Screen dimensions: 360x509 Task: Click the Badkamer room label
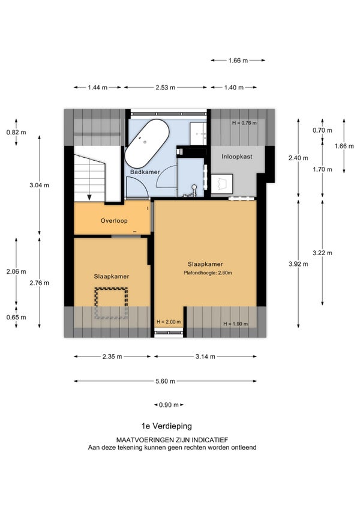pos(145,172)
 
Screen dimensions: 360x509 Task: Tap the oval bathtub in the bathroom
pos(147,143)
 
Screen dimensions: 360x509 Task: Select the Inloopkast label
pos(236,157)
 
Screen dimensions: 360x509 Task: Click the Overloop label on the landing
pos(114,221)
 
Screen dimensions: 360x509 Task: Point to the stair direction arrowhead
pos(89,197)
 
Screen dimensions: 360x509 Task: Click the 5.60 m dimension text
pos(165,381)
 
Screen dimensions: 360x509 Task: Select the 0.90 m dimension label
pos(169,405)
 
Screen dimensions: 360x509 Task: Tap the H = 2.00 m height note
pos(169,322)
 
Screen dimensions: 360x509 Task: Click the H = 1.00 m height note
pos(235,324)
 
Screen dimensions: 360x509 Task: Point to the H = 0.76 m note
pos(244,122)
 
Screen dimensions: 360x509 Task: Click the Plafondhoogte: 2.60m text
pos(208,273)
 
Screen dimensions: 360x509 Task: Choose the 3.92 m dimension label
pos(298,264)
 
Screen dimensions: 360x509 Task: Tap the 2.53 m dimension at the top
pos(165,87)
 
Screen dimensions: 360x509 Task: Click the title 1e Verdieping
pos(167,426)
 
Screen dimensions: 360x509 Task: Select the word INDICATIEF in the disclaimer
pos(210,440)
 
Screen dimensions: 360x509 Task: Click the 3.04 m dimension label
pos(39,185)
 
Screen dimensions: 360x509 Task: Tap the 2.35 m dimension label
pos(112,357)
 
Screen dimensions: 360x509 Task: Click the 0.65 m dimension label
pos(16,317)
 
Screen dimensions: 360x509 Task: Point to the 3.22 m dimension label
pos(322,253)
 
